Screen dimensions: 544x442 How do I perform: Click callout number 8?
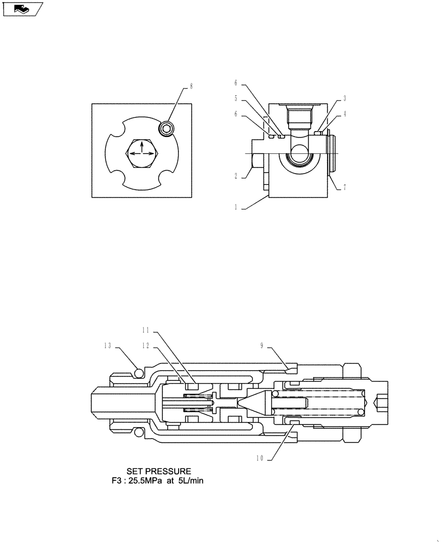[x=191, y=86]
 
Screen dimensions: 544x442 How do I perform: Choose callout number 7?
[x=345, y=188]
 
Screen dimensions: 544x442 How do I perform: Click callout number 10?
[x=260, y=459]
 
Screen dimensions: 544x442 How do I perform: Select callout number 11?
[x=146, y=330]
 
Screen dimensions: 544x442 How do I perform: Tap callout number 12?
[x=146, y=345]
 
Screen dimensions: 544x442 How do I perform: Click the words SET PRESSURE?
[x=159, y=471]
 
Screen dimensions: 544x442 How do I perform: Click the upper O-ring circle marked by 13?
[x=138, y=373]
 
